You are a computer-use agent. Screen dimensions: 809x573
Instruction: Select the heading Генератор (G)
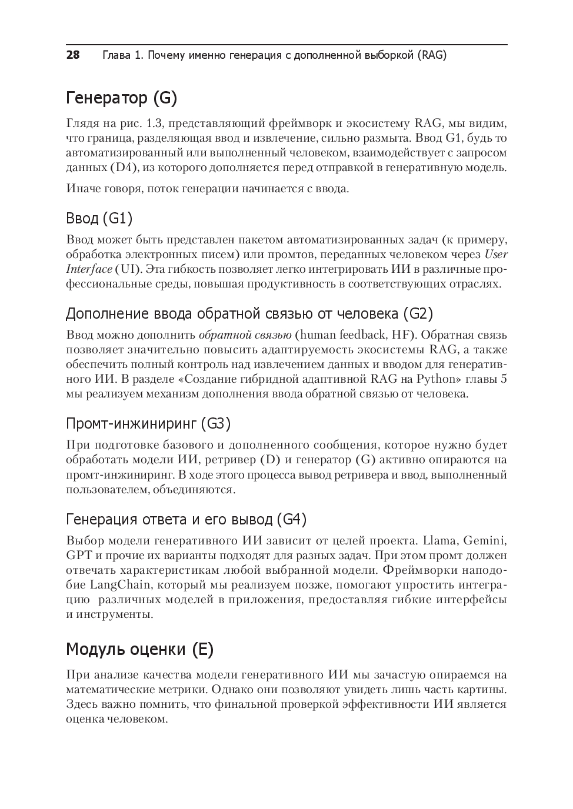click(121, 98)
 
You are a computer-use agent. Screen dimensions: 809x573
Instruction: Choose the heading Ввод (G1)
click(99, 219)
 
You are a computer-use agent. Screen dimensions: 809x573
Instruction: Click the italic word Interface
click(89, 269)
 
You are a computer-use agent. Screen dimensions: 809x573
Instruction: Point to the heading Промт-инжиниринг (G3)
click(148, 423)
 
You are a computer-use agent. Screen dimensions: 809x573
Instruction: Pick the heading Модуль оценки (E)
click(139, 650)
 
